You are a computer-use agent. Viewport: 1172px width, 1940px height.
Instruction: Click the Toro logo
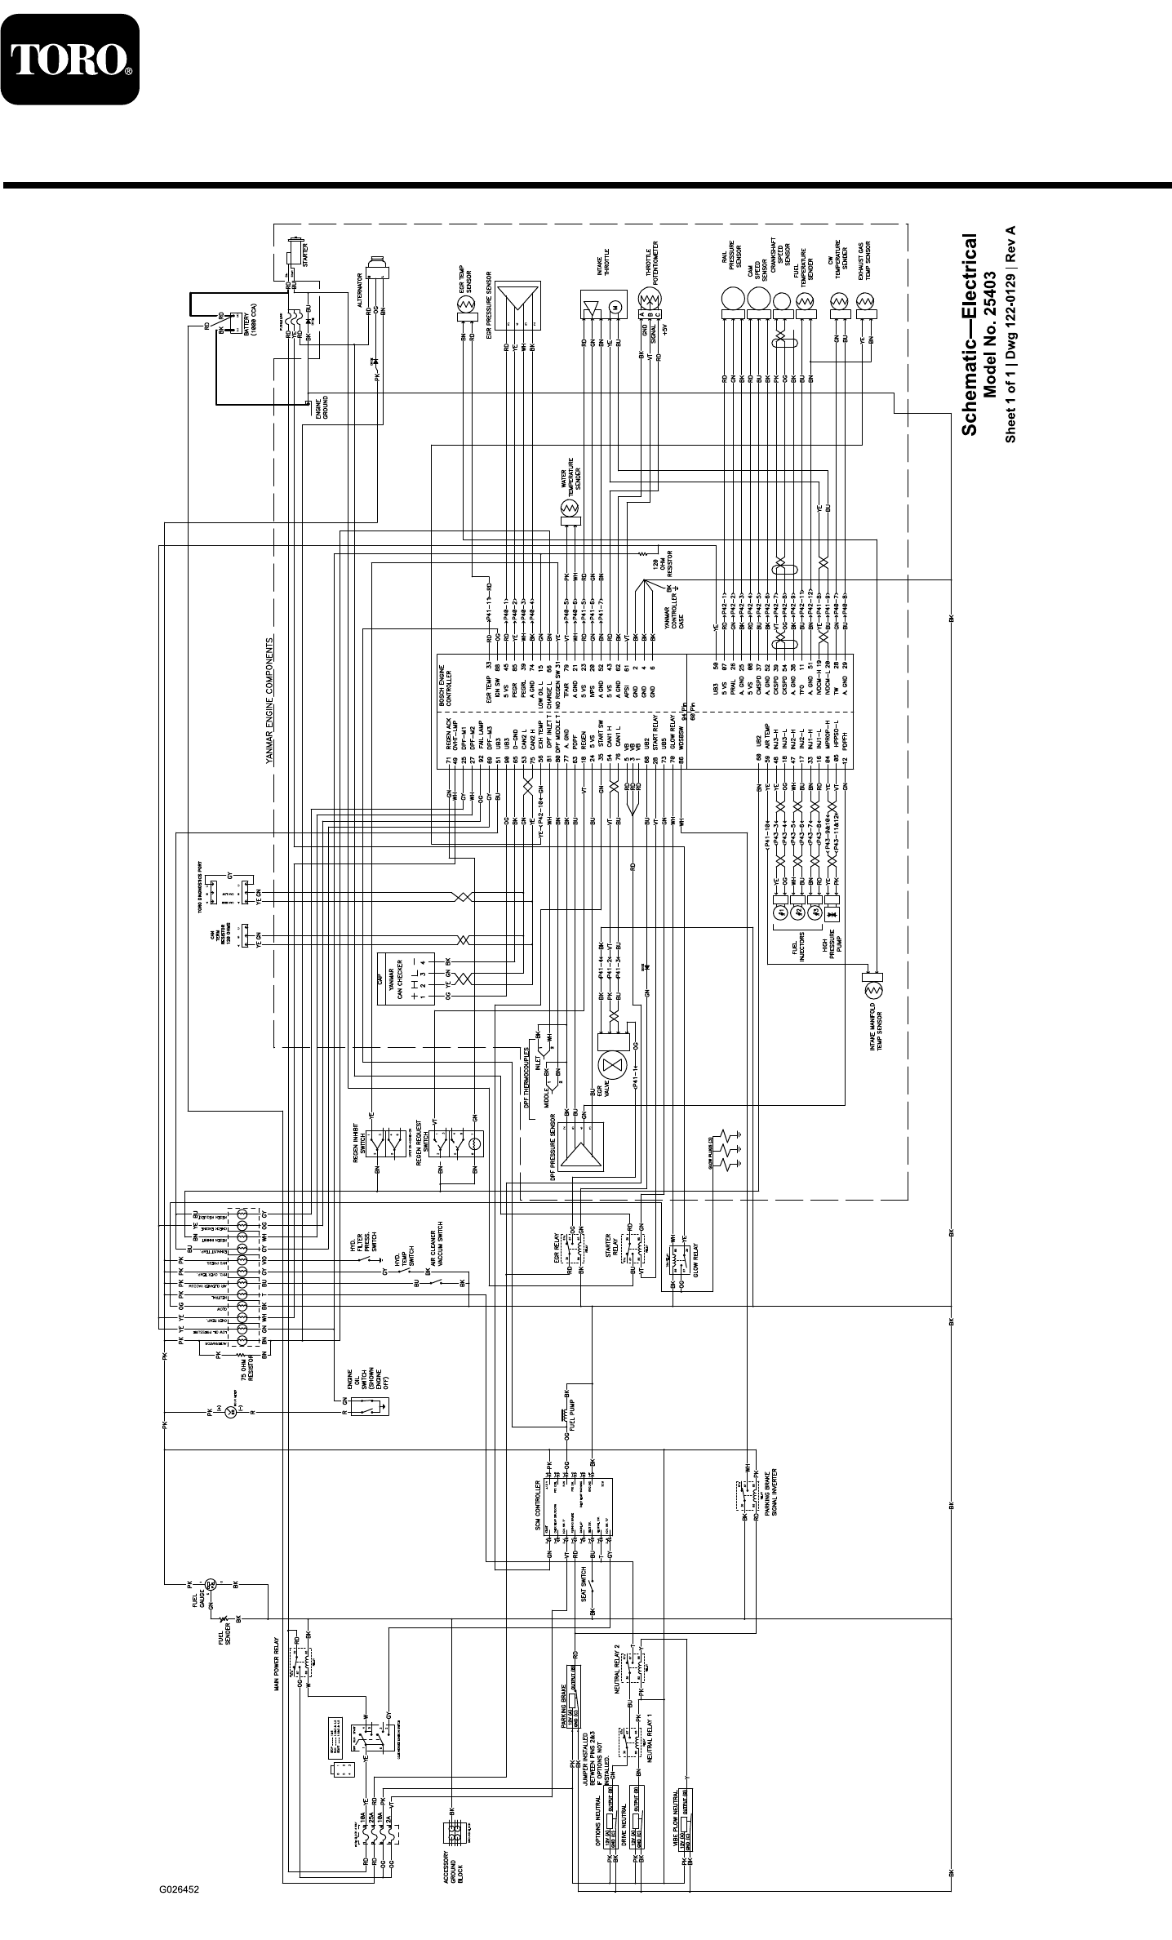click(69, 59)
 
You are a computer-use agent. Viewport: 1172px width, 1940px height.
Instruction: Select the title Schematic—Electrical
click(969, 335)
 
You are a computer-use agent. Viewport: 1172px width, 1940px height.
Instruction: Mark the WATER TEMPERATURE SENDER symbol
click(569, 509)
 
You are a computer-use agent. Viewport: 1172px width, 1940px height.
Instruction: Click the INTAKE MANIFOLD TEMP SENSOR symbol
click(873, 990)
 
